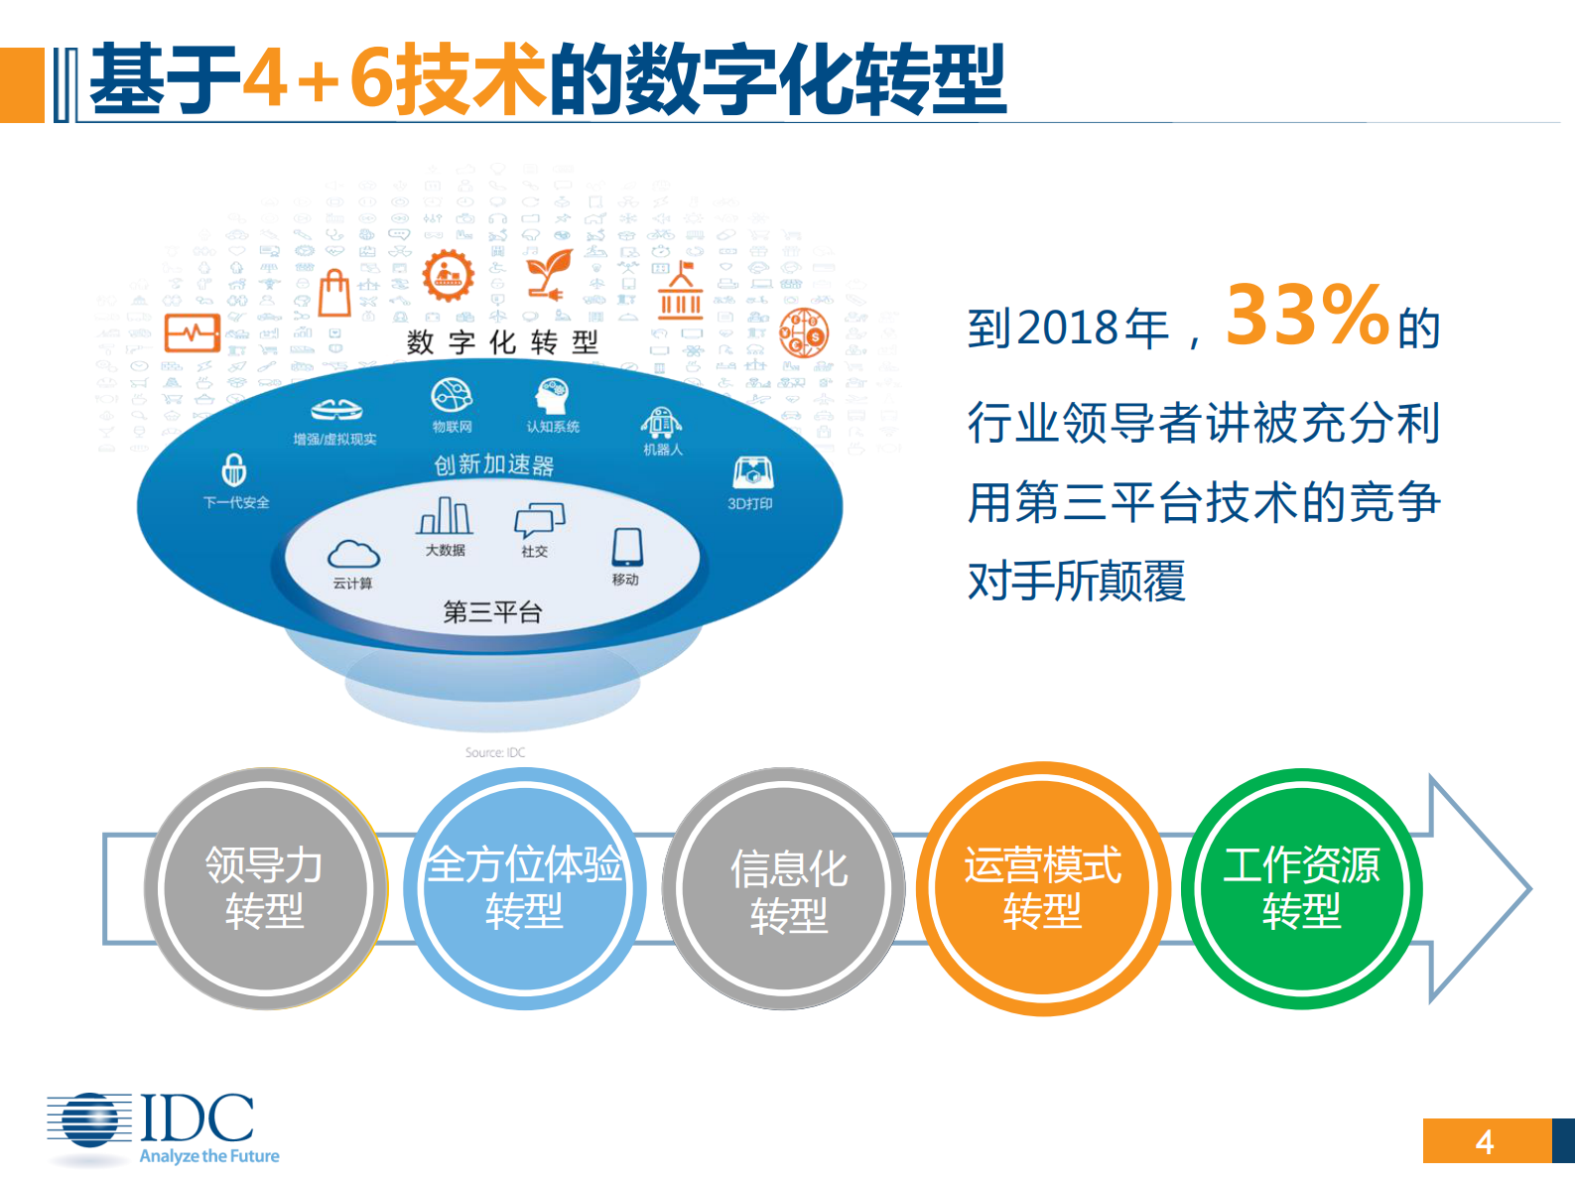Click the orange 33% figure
coord(1306,316)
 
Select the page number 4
coord(1485,1142)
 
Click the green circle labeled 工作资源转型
coord(1301,888)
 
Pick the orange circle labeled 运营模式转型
coord(1042,888)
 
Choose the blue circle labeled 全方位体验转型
coord(524,888)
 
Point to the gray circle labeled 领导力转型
coord(264,888)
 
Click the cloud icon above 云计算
coord(353,554)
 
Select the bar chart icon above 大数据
coord(445,515)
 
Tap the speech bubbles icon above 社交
coord(539,520)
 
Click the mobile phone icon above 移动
coord(627,546)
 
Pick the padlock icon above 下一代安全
coord(234,469)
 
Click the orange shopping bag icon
coord(334,294)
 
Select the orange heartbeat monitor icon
coord(192,333)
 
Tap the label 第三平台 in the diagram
coord(492,611)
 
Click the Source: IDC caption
coord(495,752)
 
